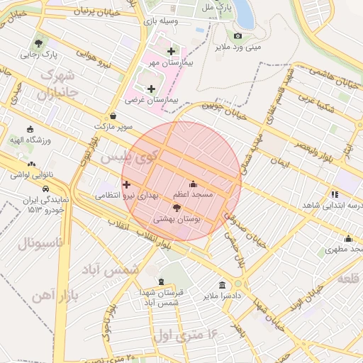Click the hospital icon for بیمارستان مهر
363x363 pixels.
(171, 51)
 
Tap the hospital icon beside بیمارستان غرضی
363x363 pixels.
(150, 89)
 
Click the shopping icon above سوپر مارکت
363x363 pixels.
(114, 116)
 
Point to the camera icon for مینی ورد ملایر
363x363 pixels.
(238, 36)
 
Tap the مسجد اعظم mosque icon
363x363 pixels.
(193, 184)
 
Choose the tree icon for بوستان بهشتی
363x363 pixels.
(177, 208)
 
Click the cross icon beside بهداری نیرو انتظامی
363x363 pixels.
(127, 184)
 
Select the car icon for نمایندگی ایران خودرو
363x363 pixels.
(45, 189)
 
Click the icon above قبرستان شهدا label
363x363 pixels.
(162, 281)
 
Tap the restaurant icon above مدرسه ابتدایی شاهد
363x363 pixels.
(335, 194)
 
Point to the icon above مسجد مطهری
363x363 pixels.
(348, 239)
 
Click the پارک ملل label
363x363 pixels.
(221, 7)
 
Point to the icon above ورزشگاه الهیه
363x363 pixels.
(30, 130)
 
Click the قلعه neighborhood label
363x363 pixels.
(348, 279)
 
